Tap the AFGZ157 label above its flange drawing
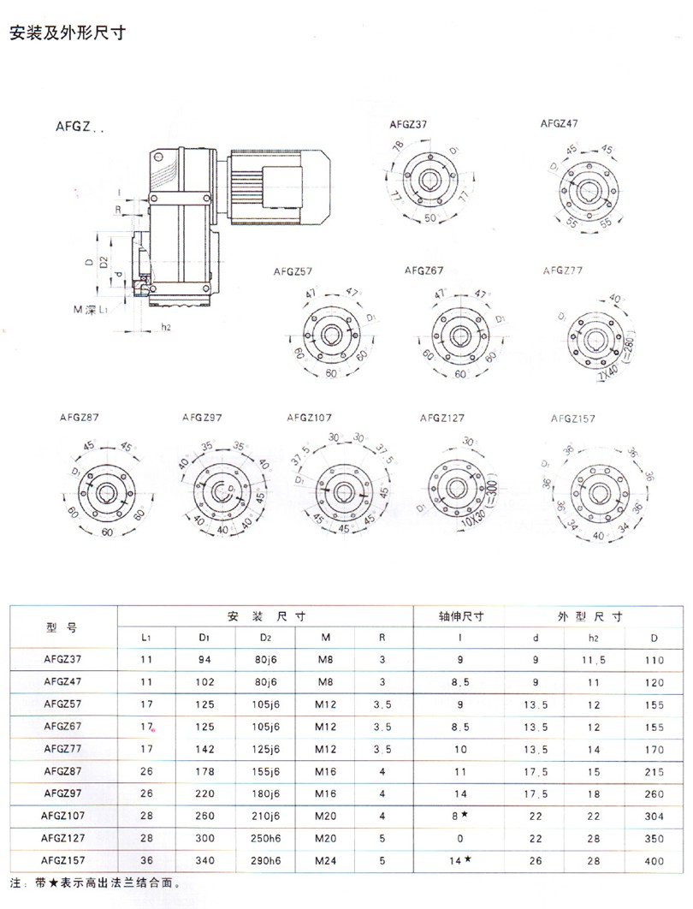(572, 419)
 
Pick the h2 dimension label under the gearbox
(166, 327)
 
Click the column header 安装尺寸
(266, 616)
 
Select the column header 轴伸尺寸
(461, 616)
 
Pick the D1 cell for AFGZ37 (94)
(205, 661)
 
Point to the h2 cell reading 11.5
(595, 661)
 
